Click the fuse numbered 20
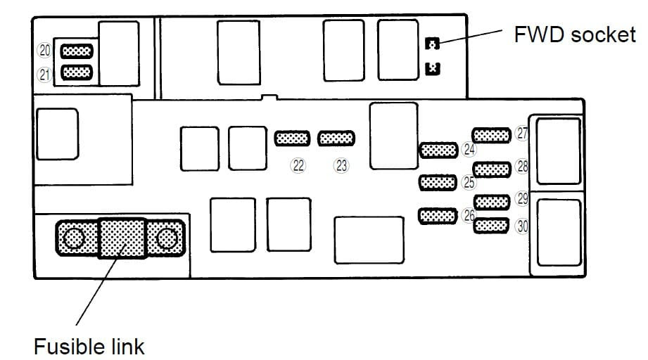(x=77, y=51)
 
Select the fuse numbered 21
(x=77, y=72)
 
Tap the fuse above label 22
(x=291, y=139)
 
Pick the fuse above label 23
(x=336, y=139)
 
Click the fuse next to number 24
(x=439, y=150)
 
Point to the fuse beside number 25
(x=438, y=183)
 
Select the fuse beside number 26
(x=438, y=215)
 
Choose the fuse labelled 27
(x=490, y=134)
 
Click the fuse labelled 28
(x=491, y=169)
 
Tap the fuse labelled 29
(x=490, y=200)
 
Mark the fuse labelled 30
(x=490, y=226)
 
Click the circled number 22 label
(x=298, y=166)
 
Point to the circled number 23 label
(x=342, y=166)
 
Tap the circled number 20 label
(x=45, y=51)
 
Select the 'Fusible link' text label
(x=89, y=346)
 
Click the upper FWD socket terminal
(x=433, y=44)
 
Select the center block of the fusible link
(x=121, y=238)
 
